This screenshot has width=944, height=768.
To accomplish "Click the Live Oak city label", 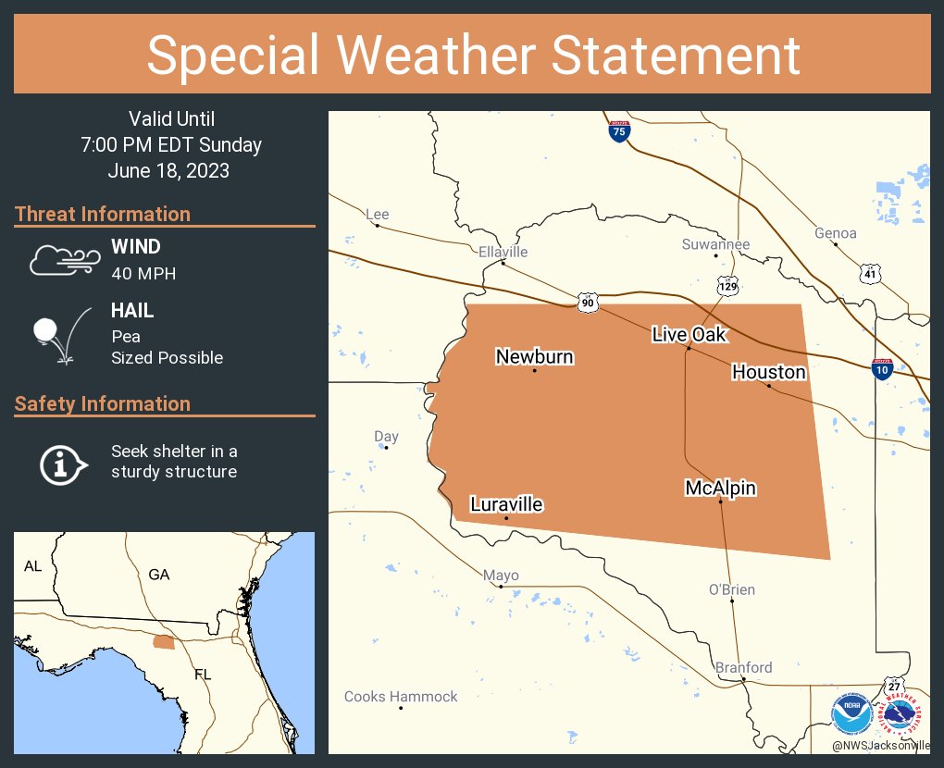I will [689, 334].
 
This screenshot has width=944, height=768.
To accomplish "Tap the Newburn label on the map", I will [534, 356].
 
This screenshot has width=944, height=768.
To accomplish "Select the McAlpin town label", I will [720, 488].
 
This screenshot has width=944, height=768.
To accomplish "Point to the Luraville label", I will [506, 504].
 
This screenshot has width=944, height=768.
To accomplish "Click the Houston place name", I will [768, 372].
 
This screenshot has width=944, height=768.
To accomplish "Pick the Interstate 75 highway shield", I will [620, 131].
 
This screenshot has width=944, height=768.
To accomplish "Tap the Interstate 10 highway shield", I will [883, 370].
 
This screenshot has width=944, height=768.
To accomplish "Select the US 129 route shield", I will [728, 286].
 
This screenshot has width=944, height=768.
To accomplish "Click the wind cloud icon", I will [63, 260].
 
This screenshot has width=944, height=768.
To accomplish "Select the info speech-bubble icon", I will [62, 464].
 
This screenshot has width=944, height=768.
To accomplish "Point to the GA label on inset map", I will [159, 575].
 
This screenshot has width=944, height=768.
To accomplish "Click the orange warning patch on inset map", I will [163, 642].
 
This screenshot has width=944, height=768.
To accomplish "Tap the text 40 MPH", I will [143, 273].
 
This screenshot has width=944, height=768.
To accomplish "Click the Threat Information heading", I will [103, 214].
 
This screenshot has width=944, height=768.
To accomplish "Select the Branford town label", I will [743, 667].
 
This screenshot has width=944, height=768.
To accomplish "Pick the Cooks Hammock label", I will [401, 697].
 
